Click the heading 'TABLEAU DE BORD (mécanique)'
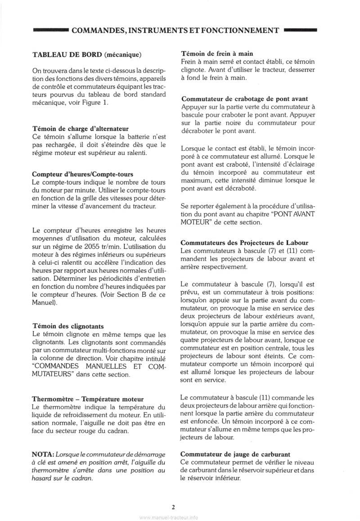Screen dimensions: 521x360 tap(87, 55)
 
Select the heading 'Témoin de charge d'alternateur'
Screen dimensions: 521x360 tap(81, 128)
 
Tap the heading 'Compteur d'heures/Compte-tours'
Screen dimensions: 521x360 tap(83, 174)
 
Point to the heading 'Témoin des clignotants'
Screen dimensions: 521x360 tap(68, 326)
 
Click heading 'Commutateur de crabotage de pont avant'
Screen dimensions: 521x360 tap(251, 99)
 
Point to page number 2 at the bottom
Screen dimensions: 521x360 tap(173, 507)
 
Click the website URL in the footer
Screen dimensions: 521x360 tap(168, 517)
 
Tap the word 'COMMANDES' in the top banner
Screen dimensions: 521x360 tap(98, 31)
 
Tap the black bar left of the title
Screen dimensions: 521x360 tap(50, 31)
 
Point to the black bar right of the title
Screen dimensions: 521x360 tap(301, 31)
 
